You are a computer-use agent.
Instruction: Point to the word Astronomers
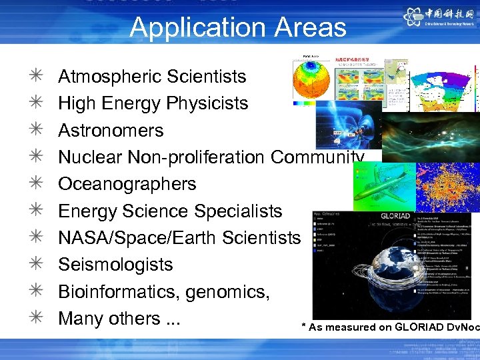pos(111,131)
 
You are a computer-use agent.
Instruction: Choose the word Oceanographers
pos(127,184)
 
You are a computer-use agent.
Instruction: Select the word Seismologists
pos(115,265)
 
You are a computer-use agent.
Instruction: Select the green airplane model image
pos(383,186)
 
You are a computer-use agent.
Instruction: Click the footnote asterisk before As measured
pos(304,327)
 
